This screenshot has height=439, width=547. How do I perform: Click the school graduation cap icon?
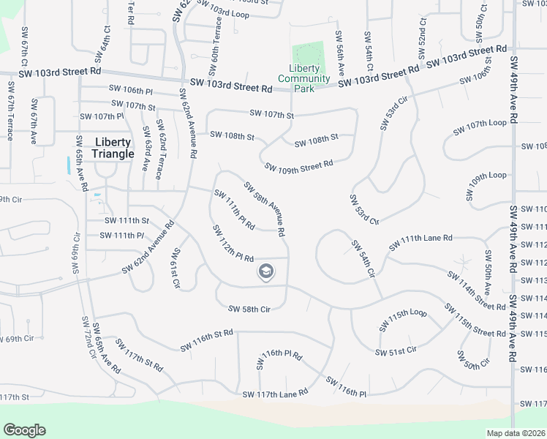[265, 272]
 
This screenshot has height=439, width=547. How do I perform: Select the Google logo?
[25, 430]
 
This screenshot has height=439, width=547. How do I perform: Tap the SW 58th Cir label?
[249, 309]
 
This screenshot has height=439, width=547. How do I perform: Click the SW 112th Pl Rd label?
[233, 244]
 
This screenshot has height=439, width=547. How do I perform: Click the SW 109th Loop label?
[486, 176]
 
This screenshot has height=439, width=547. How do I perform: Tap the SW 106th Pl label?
[129, 91]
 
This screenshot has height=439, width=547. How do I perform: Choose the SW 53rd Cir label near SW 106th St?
[392, 113]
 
